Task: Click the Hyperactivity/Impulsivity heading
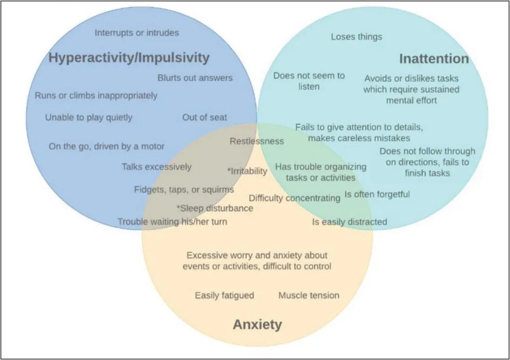[x=129, y=58]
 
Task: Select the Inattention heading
[x=434, y=59]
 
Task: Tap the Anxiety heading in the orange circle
[x=257, y=325]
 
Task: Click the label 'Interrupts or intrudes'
[x=136, y=33]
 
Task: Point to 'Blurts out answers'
[x=195, y=78]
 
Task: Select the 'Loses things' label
[x=357, y=37]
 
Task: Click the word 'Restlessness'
[x=257, y=141]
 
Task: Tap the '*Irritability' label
[x=247, y=171]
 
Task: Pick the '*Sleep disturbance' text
[x=215, y=208]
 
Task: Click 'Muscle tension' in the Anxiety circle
[x=309, y=295]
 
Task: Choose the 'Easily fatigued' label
[x=224, y=295]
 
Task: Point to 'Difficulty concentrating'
[x=295, y=198]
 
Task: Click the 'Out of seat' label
[x=204, y=117]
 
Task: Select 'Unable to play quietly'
[x=89, y=117]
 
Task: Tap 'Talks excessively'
[x=157, y=167]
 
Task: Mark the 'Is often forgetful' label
[x=377, y=194]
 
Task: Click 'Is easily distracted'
[x=349, y=222]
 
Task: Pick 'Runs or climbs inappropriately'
[x=96, y=95]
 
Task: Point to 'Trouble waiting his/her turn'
[x=172, y=222]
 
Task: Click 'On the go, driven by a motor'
[x=107, y=146]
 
